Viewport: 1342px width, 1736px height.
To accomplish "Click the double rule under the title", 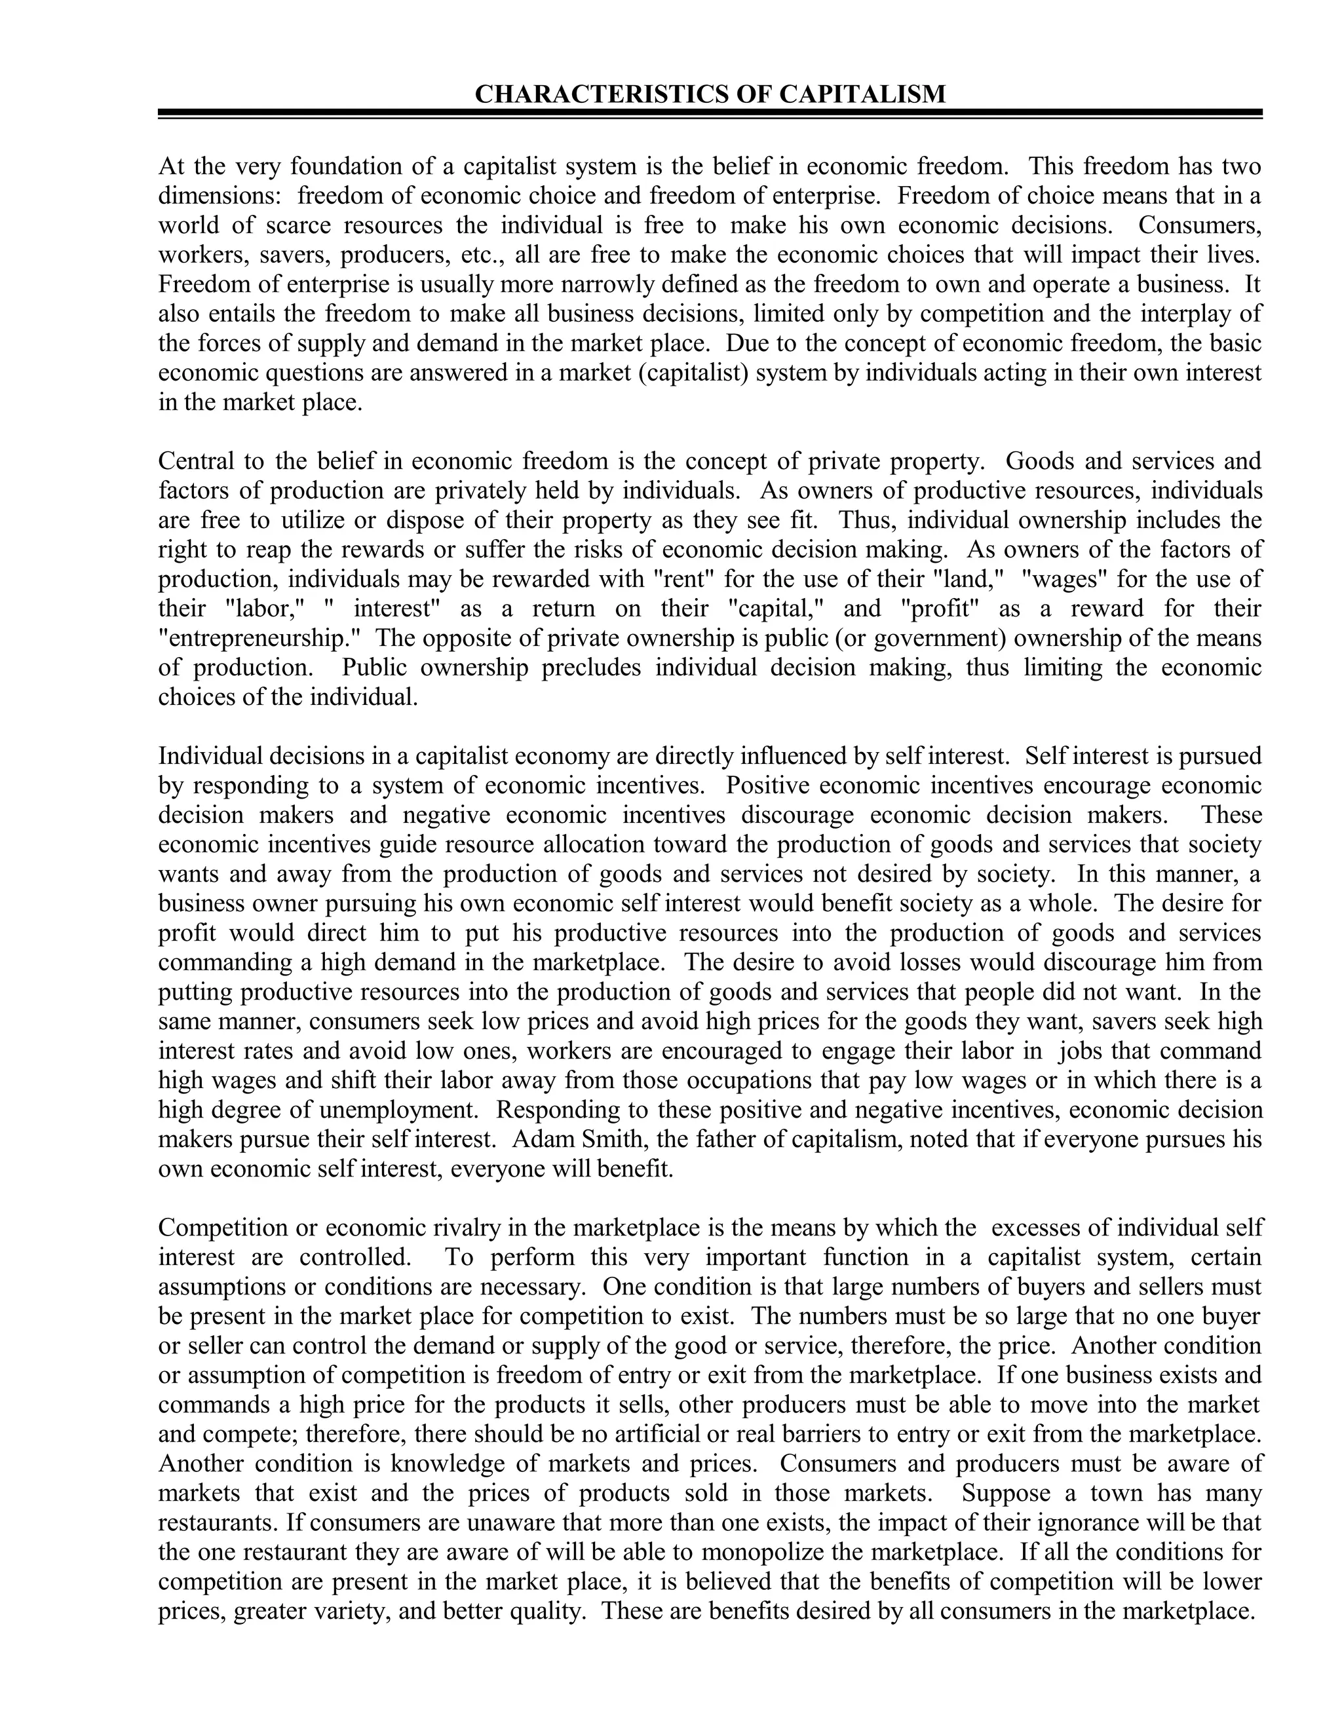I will tap(710, 115).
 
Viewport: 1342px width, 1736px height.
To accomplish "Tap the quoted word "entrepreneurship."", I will tap(261, 638).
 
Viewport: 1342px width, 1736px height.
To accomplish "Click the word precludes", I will tap(590, 668).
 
